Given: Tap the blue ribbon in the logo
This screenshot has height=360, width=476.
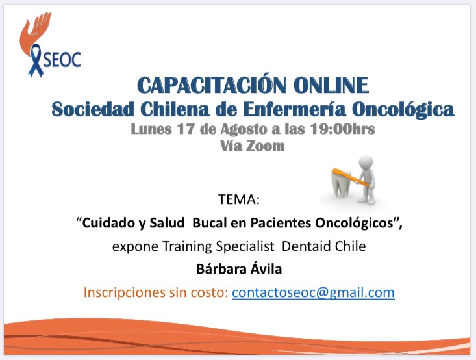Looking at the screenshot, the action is [36, 60].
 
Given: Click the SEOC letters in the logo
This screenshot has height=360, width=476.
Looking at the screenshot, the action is [62, 60].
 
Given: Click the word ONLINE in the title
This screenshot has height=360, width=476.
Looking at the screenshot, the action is [331, 85].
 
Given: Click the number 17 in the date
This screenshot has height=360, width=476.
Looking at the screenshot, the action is [186, 129].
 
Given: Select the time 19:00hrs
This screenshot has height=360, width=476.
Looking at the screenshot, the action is [342, 129].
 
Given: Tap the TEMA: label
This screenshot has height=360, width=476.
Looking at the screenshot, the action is [239, 199].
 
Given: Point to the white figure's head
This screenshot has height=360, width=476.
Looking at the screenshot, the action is [366, 162].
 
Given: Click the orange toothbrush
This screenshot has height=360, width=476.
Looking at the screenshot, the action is [351, 177].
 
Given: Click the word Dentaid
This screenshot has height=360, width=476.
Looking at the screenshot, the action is [307, 246].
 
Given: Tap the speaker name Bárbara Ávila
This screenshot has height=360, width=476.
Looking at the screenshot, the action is [239, 269].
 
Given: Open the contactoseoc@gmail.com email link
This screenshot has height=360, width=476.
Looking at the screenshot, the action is [313, 292].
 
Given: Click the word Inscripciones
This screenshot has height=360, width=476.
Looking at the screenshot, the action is [125, 293].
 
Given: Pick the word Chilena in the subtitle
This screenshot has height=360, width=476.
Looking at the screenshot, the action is [175, 109].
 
